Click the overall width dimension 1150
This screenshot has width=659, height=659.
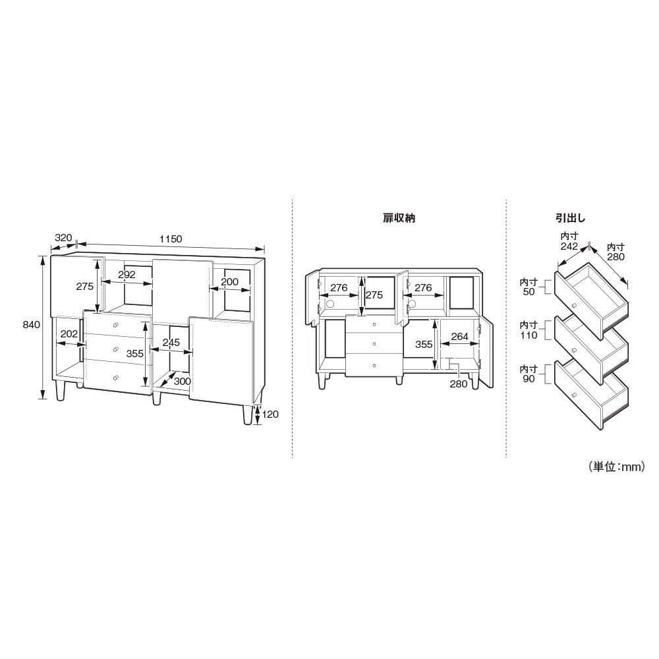click(x=171, y=239)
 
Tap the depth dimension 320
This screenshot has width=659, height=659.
click(x=63, y=237)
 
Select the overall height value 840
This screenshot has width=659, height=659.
click(x=32, y=324)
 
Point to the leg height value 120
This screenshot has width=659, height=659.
click(x=270, y=415)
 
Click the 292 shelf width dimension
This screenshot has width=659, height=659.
click(x=127, y=274)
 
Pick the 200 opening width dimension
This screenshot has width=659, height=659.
click(x=229, y=281)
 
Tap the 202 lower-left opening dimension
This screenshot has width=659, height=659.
click(x=69, y=333)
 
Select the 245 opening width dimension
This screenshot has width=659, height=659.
click(x=171, y=343)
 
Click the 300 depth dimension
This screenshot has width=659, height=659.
click(x=183, y=381)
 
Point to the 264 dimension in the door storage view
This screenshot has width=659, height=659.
click(x=459, y=337)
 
